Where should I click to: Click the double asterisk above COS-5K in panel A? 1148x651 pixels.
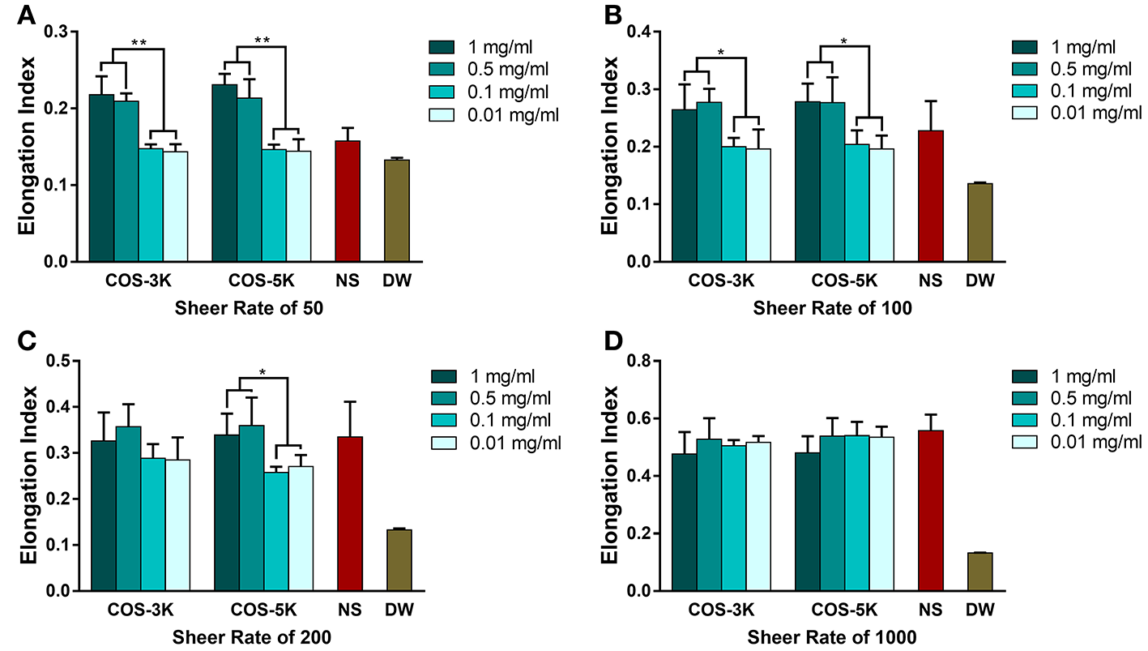[262, 40]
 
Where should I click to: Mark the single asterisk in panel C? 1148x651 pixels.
[262, 373]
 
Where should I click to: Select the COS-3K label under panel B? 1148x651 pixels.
[721, 281]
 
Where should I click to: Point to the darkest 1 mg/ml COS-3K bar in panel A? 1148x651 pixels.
[101, 178]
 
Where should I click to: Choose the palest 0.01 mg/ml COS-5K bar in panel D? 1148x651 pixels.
[881, 514]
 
